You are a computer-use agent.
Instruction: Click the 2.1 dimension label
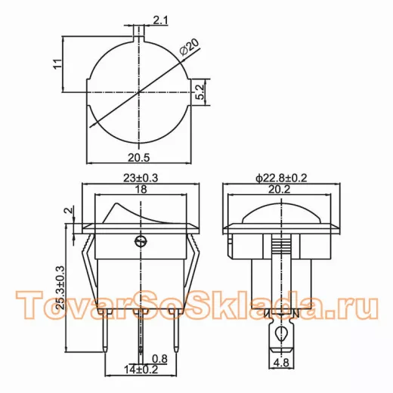click(x=160, y=20)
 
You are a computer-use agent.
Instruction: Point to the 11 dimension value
click(x=57, y=63)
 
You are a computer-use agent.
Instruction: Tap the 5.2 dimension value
click(x=200, y=92)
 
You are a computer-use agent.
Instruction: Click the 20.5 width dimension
click(x=139, y=158)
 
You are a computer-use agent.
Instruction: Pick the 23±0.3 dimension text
click(x=141, y=178)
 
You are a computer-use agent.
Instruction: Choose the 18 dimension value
click(x=141, y=189)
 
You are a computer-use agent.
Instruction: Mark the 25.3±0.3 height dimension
click(x=60, y=287)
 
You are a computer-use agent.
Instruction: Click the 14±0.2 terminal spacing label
click(x=141, y=370)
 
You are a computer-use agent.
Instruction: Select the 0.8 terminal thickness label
click(x=160, y=359)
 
